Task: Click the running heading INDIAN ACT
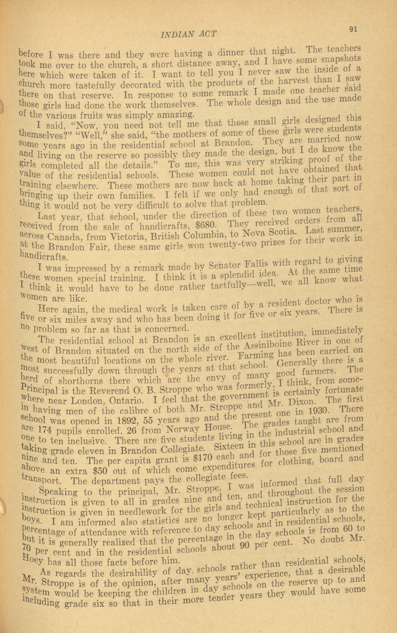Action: coord(188,34)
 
